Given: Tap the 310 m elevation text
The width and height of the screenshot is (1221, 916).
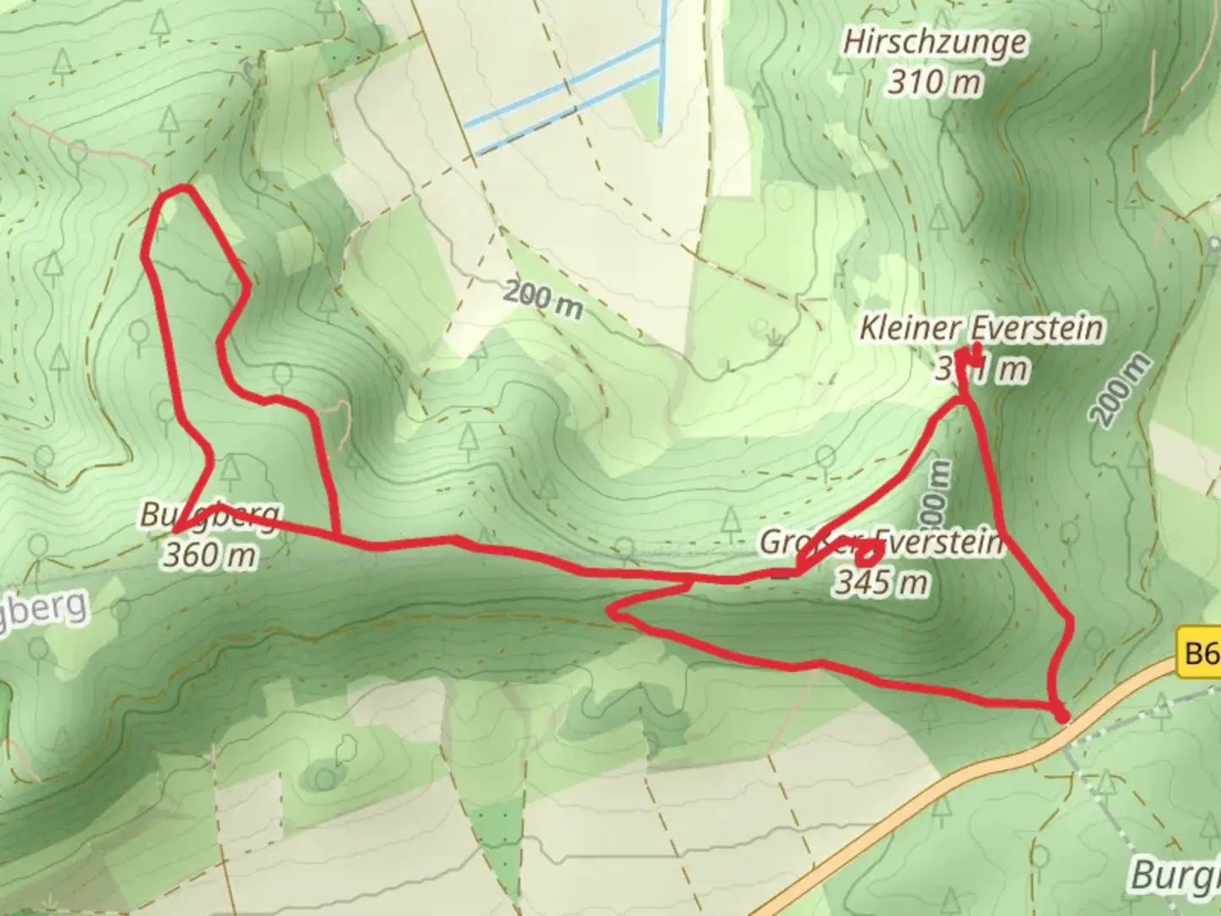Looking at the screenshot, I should pyautogui.click(x=935, y=82).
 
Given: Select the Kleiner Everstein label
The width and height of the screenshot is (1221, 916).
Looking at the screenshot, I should pyautogui.click(x=981, y=328).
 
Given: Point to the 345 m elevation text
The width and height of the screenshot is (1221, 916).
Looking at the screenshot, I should pyautogui.click(x=882, y=582).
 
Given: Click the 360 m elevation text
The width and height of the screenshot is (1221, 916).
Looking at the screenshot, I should pyautogui.click(x=209, y=556).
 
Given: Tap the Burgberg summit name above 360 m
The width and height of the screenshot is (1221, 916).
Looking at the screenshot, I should pyautogui.click(x=209, y=515).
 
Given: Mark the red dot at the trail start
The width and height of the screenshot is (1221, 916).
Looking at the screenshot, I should pyautogui.click(x=1062, y=717).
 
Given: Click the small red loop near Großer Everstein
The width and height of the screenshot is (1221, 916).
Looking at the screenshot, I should pyautogui.click(x=868, y=555).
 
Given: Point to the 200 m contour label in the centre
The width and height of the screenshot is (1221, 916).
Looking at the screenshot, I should pyautogui.click(x=544, y=299).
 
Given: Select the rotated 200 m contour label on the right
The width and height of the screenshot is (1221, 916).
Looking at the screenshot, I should pyautogui.click(x=1121, y=390).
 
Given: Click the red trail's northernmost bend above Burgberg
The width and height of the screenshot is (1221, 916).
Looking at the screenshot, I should pyautogui.click(x=175, y=191).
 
